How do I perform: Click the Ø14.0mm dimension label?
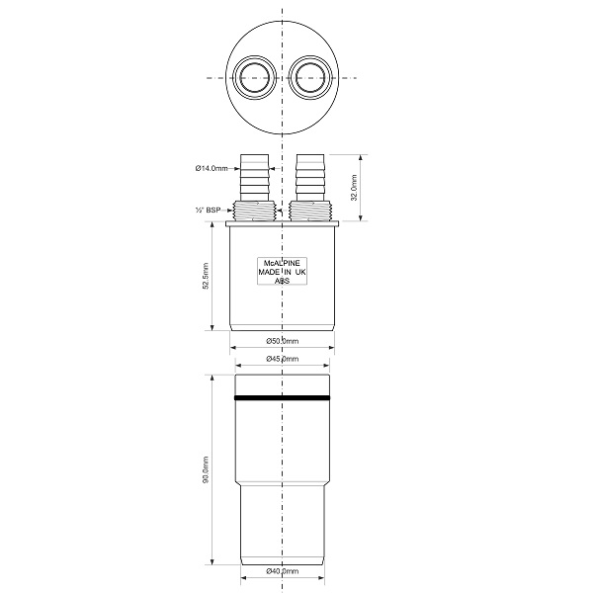212,168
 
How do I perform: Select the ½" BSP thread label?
208,210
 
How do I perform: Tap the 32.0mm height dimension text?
354,188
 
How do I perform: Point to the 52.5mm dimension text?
206,276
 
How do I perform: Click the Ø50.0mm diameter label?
282,341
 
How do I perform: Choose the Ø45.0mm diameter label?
282,359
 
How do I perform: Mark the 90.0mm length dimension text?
206,469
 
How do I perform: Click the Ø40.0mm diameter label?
282,571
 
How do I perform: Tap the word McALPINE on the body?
282,263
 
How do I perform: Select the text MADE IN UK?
282,272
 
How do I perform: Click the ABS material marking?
282,281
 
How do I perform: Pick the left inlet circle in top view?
254,78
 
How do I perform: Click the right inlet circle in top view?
310,78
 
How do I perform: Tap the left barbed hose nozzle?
255,177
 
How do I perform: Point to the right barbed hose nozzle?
310,177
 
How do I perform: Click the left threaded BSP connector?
255,211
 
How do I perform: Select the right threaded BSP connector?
310,211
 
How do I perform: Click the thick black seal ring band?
282,398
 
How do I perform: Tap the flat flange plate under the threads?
282,224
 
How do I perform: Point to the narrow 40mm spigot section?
282,526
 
